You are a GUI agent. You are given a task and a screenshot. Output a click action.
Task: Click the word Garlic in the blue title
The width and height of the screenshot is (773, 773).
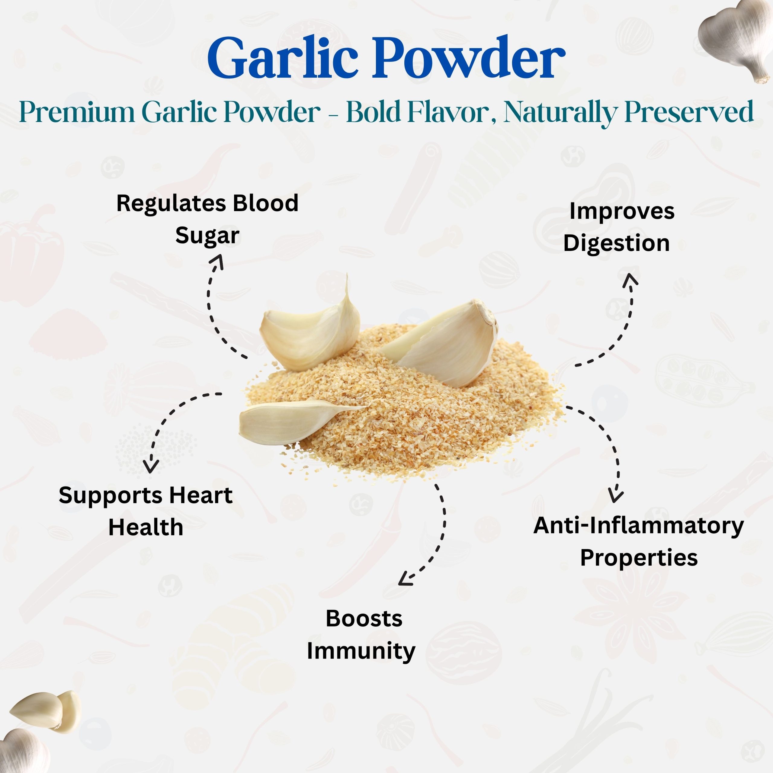[282, 58]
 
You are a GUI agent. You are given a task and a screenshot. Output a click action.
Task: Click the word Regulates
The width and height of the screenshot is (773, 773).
[171, 203]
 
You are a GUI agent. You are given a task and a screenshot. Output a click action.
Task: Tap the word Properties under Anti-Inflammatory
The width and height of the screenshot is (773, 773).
[639, 558]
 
